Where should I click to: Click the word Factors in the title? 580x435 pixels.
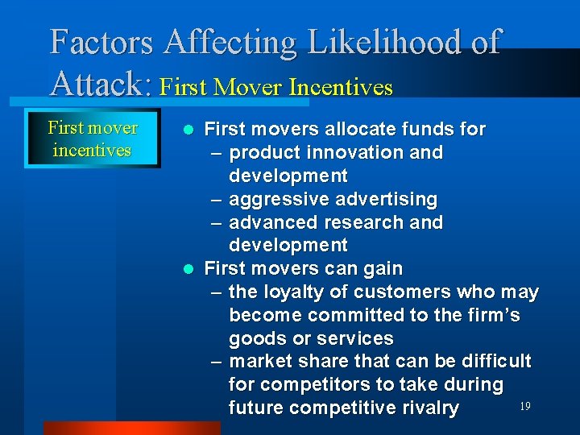pyautogui.click(x=101, y=42)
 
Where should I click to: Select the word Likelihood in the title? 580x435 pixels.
pyautogui.click(x=396, y=42)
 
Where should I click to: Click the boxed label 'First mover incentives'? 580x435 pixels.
pyautogui.click(x=92, y=139)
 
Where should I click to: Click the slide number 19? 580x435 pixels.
pyautogui.click(x=524, y=407)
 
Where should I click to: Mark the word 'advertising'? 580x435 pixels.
pyautogui.click(x=386, y=199)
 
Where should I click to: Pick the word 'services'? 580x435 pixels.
pyautogui.click(x=354, y=338)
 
